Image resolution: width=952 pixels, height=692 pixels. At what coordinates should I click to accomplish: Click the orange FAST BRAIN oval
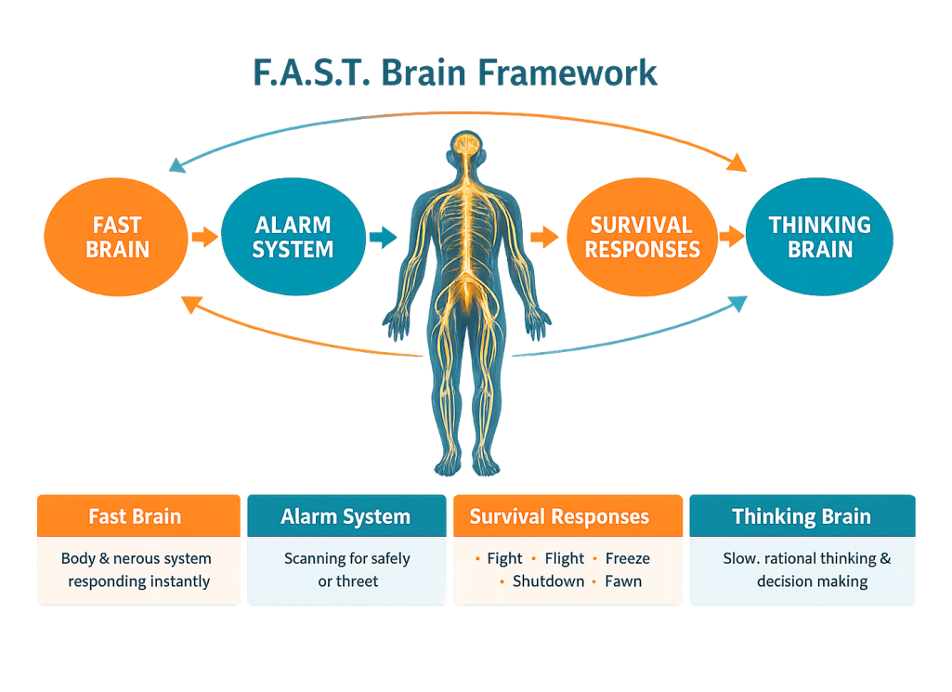(117, 237)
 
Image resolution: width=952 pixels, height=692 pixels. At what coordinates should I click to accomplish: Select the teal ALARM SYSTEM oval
(293, 237)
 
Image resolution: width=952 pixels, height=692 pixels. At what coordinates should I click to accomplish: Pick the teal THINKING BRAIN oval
(819, 237)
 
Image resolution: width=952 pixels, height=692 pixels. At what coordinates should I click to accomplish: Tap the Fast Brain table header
(136, 517)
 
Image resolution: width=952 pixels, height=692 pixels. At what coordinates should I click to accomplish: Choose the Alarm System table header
(346, 517)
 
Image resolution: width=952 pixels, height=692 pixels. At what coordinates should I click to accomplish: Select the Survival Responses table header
(559, 517)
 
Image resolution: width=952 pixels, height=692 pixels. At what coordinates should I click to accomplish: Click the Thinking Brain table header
(801, 517)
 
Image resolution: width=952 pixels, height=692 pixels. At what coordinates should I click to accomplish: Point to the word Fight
(504, 559)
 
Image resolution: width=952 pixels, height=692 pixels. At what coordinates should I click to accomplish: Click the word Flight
(564, 559)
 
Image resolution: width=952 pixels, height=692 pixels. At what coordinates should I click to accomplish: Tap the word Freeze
(627, 559)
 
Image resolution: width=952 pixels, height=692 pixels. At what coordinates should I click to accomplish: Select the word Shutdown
(548, 581)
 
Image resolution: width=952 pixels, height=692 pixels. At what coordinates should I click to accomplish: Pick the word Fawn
(623, 581)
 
